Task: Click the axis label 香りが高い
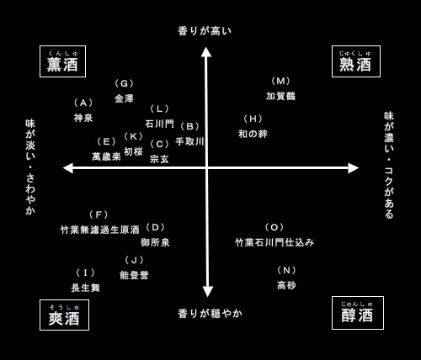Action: pyautogui.click(x=205, y=31)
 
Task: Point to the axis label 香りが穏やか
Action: pyautogui.click(x=210, y=313)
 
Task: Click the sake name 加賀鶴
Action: pyautogui.click(x=280, y=96)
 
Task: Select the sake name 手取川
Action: pyautogui.click(x=189, y=141)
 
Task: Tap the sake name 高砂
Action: pyautogui.click(x=286, y=285)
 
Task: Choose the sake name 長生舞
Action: pyautogui.click(x=85, y=288)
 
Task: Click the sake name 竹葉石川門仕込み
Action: pyautogui.click(x=274, y=242)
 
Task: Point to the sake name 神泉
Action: pyautogui.click(x=83, y=118)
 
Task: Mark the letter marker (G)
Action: pyautogui.click(x=124, y=83)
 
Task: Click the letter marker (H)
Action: pyautogui.click(x=253, y=119)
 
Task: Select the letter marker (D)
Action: pyautogui.click(x=155, y=227)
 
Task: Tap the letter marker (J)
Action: pyautogui.click(x=134, y=260)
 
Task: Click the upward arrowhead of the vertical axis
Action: pyautogui.click(x=206, y=52)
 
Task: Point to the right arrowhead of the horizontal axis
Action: pyautogui.click(x=354, y=168)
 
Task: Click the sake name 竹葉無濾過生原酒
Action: pyautogui.click(x=100, y=230)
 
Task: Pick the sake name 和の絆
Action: pyautogui.click(x=253, y=134)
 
